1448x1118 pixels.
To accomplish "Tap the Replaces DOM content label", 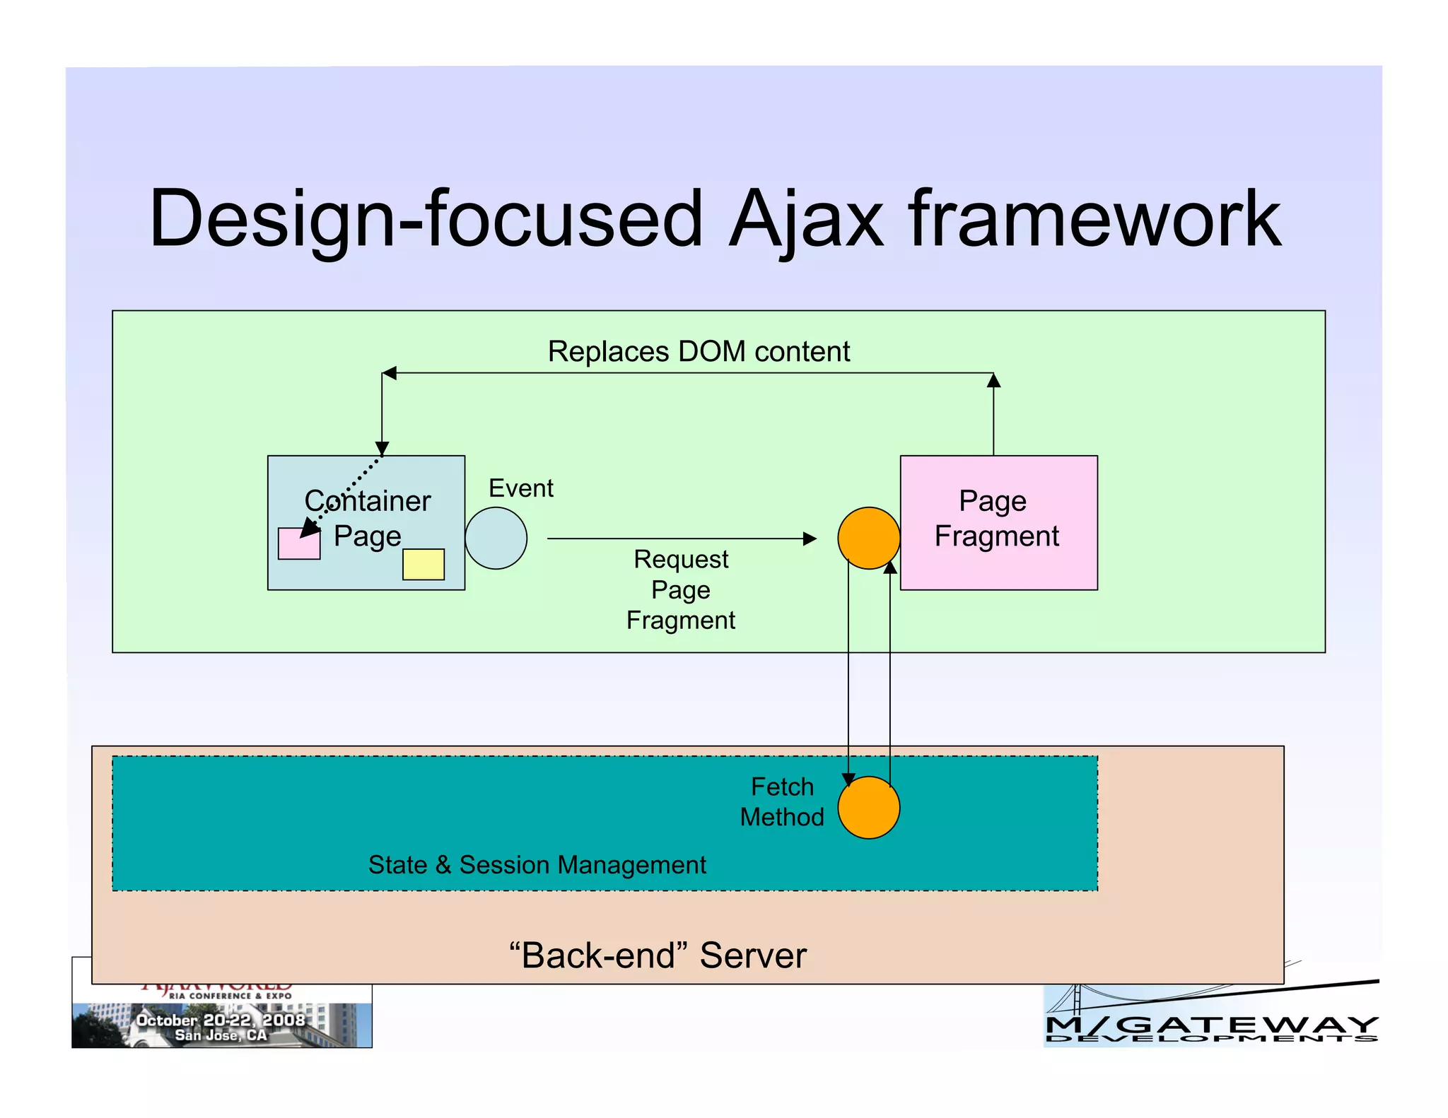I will click(699, 351).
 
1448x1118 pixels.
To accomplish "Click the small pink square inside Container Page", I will click(298, 543).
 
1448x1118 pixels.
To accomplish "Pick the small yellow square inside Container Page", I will click(424, 564).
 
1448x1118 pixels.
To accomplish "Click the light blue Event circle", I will click(496, 538).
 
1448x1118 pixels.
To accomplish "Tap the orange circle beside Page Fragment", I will click(868, 538).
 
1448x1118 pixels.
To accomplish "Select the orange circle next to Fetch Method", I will click(868, 807).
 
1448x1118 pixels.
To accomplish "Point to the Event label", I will click(521, 488).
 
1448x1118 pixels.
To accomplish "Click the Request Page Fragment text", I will click(681, 589).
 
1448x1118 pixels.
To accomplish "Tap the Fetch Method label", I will click(782, 801).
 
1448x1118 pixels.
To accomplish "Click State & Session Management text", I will click(537, 864).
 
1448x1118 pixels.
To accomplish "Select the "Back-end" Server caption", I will click(658, 955).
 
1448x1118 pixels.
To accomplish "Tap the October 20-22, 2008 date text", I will click(221, 1020).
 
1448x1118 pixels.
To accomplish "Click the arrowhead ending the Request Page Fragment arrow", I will click(810, 539).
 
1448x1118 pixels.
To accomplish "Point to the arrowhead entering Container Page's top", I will click(382, 449).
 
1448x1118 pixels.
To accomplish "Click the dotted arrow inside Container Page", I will click(346, 492).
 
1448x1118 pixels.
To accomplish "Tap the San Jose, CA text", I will click(221, 1035).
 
